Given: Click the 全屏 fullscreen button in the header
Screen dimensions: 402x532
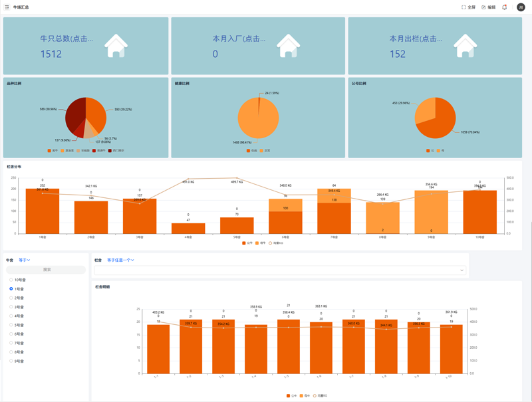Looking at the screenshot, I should tap(469, 7).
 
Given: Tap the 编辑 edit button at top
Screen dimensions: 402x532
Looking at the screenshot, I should tap(489, 7).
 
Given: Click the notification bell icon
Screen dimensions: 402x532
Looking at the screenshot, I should tap(505, 7).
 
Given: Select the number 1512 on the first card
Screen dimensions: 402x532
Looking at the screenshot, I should tap(51, 54).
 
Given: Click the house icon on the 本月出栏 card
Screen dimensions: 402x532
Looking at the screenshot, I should tap(465, 46).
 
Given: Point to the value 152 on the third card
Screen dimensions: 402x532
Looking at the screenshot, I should tap(398, 54).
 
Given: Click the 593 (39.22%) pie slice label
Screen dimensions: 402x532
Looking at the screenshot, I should tap(122, 110).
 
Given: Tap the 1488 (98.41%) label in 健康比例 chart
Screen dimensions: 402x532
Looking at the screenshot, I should tap(241, 142).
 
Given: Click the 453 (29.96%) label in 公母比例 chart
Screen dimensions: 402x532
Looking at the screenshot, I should tap(401, 103).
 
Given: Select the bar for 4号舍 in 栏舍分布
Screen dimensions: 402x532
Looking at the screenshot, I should tap(188, 228).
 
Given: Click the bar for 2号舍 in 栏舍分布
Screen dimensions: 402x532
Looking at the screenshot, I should tap(91, 217).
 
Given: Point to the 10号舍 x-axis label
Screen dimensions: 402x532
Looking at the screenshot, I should tap(479, 237).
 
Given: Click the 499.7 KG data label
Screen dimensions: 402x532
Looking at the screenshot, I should tap(237, 181).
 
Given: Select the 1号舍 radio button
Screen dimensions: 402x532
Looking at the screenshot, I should tap(11, 289).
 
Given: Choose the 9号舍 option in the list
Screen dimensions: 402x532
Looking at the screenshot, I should tap(11, 361).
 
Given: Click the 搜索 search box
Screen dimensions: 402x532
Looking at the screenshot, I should tap(47, 270).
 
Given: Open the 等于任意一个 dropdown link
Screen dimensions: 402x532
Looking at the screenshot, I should tap(120, 260).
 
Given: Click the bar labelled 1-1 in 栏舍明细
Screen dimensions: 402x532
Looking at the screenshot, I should tap(158, 349).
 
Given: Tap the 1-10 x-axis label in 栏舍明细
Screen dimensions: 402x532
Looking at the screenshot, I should tap(449, 377).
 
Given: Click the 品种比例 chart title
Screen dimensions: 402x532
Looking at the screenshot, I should tap(14, 84).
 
